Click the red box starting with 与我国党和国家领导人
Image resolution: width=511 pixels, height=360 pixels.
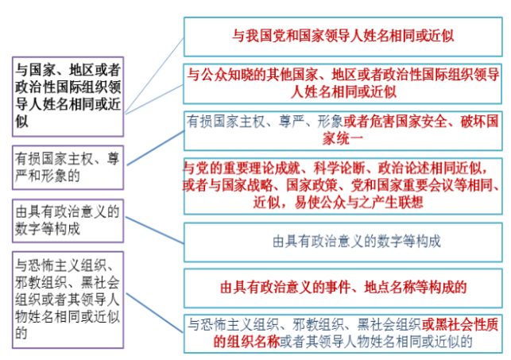[x=343, y=37]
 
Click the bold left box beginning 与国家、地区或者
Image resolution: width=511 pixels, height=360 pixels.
[x=68, y=95]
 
